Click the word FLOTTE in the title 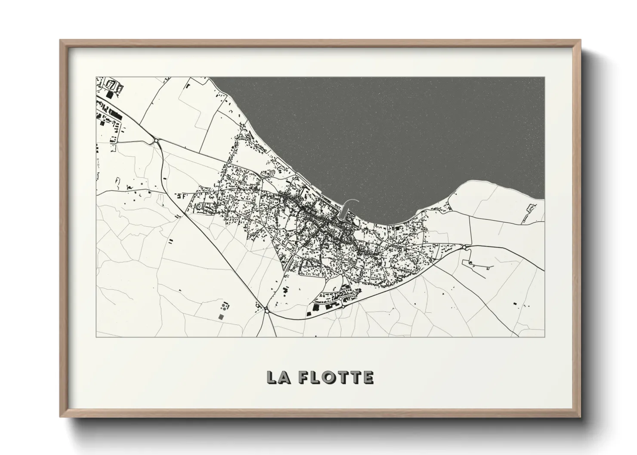pos(336,377)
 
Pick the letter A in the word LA pos(284,377)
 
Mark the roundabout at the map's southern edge pos(267,310)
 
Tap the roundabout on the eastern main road pos(466,247)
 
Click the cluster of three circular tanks pos(224,307)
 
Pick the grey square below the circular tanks pos(221,317)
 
